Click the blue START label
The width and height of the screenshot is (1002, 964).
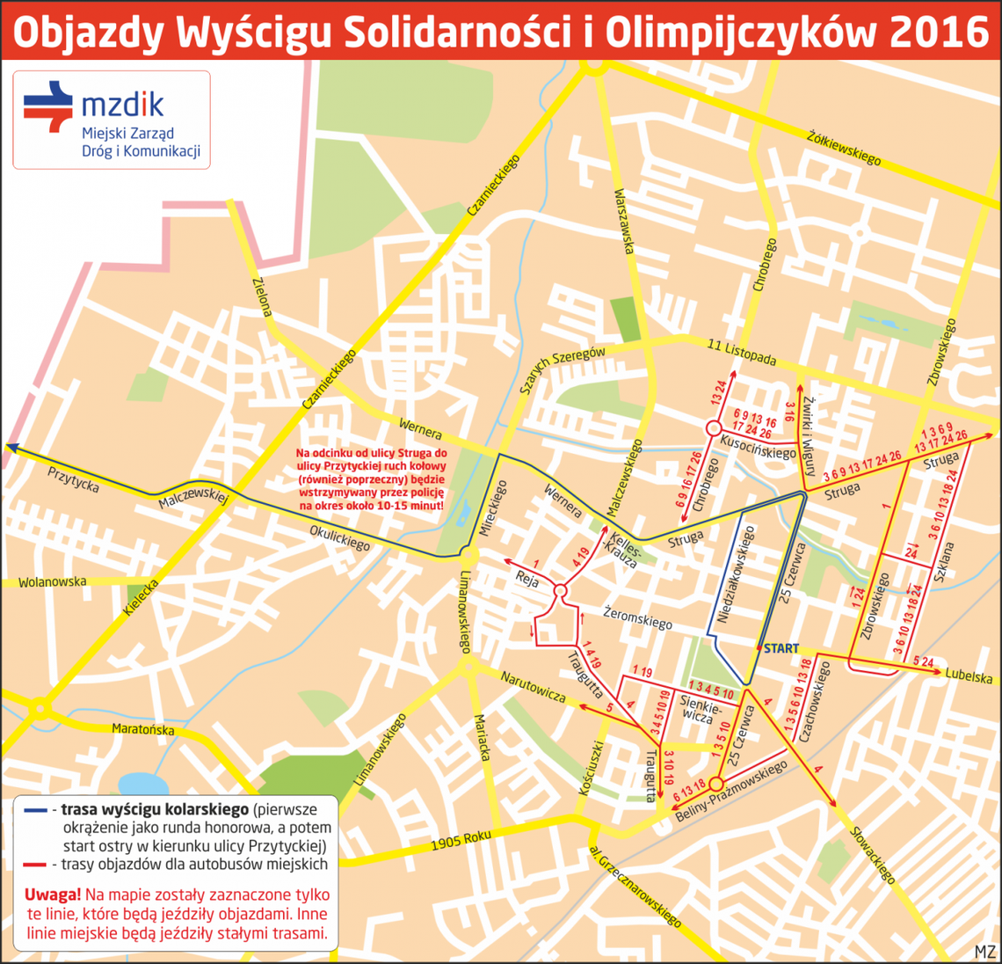(781, 648)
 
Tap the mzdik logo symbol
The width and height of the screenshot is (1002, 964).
(47, 106)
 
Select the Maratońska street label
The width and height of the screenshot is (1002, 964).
(142, 729)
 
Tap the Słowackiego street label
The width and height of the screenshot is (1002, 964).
(873, 854)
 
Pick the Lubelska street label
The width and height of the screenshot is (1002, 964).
(969, 677)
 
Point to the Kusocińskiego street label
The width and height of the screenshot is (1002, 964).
(758, 446)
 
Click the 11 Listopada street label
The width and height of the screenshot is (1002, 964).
(742, 354)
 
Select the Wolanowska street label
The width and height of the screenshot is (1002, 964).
(53, 582)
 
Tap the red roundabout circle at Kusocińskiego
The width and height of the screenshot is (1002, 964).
(710, 428)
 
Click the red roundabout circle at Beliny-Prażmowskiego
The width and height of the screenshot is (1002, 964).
(715, 784)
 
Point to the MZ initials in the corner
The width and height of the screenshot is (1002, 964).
(984, 951)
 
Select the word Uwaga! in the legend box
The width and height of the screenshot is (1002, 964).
(53, 894)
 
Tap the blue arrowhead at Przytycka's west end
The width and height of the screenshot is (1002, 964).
(11, 448)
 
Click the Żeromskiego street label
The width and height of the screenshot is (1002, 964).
(638, 617)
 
